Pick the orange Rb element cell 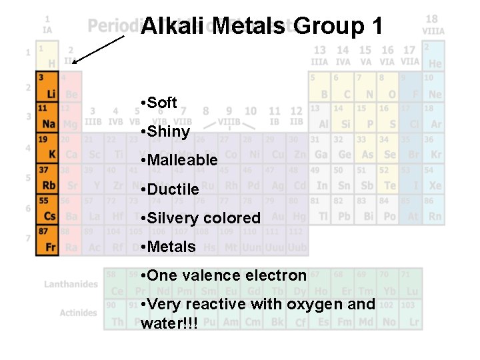pyautogui.click(x=48, y=179)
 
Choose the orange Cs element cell pyautogui.click(x=48, y=209)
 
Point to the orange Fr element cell pyautogui.click(x=48, y=240)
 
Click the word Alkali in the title pyautogui.click(x=174, y=27)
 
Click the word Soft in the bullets pyautogui.click(x=162, y=103)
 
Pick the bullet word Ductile pyautogui.click(x=173, y=189)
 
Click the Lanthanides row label pyautogui.click(x=71, y=284)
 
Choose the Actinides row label pyautogui.click(x=78, y=313)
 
